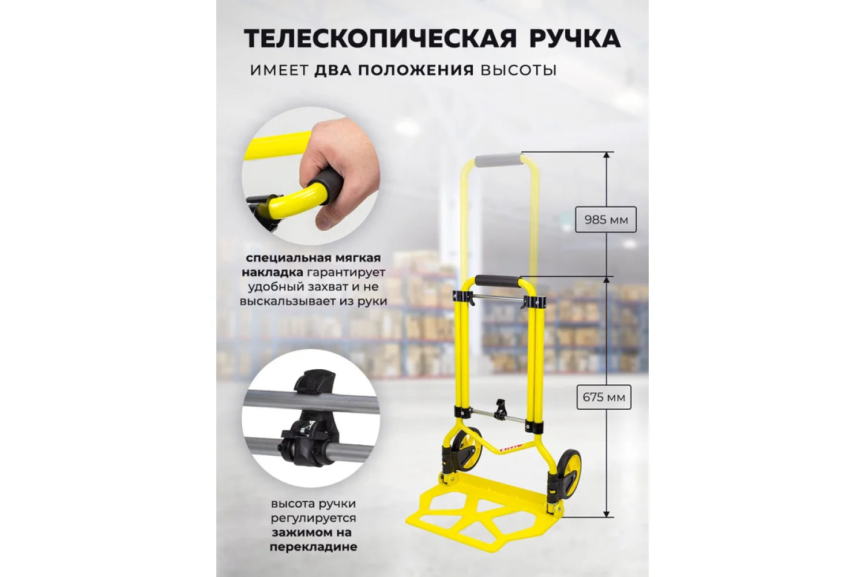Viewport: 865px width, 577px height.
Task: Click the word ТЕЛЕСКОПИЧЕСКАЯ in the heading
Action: pos(381,39)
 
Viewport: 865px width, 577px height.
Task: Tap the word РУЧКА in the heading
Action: pos(574,39)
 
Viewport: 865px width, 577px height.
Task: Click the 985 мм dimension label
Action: pos(606,220)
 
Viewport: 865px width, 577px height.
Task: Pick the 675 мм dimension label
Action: pos(604,397)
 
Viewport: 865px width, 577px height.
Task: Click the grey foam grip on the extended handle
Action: pos(498,160)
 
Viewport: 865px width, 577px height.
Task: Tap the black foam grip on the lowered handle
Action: pos(498,281)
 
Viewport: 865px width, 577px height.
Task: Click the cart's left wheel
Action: pos(467,448)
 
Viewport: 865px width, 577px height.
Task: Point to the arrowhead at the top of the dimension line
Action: pos(606,155)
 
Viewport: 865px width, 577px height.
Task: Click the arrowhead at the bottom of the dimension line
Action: pos(606,513)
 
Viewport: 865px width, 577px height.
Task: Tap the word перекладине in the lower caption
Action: pos(314,548)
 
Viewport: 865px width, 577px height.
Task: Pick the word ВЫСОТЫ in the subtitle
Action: pos(518,71)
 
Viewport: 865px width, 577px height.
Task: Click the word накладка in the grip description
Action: pos(273,273)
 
